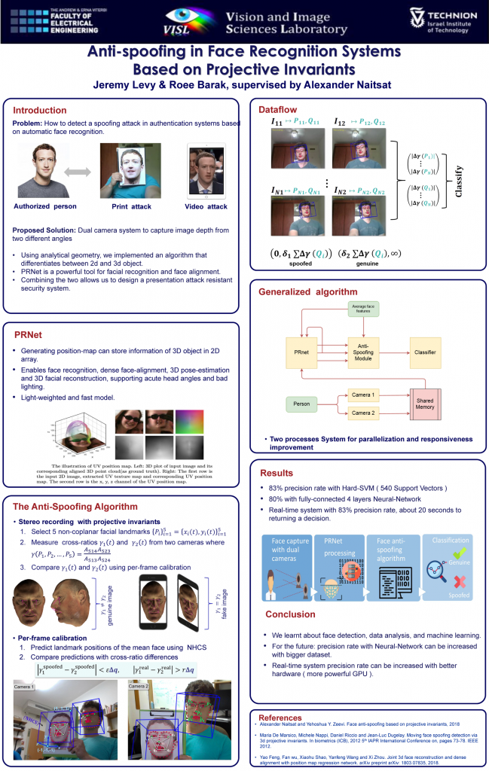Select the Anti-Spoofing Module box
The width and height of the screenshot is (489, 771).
362,352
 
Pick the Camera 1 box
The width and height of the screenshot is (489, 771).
362,395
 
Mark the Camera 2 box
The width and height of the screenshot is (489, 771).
362,412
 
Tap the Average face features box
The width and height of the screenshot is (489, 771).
363,309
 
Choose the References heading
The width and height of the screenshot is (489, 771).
280,718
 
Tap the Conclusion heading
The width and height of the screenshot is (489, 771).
290,614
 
